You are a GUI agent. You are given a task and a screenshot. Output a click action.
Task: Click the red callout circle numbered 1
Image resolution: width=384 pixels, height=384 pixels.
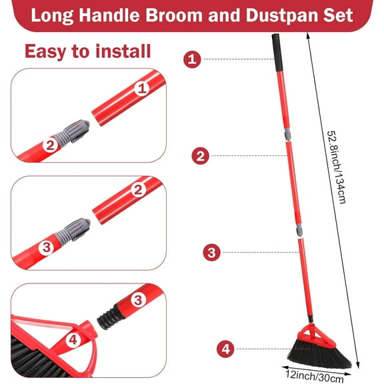[192, 59]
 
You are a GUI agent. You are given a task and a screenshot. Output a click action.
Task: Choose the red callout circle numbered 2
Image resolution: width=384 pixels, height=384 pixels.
[200, 156]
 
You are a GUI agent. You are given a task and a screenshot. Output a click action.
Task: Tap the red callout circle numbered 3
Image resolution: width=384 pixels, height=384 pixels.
[211, 252]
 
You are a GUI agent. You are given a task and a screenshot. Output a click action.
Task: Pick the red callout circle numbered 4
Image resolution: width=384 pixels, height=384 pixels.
[225, 347]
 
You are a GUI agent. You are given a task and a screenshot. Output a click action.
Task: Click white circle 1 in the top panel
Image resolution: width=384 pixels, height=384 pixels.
[141, 87]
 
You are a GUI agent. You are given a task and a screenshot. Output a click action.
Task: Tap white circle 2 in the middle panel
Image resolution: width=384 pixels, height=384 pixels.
[139, 190]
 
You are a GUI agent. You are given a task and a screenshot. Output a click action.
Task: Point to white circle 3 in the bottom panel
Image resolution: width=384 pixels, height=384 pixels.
[138, 300]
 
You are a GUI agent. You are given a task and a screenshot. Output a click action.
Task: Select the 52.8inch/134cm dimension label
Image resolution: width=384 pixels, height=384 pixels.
[331, 166]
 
